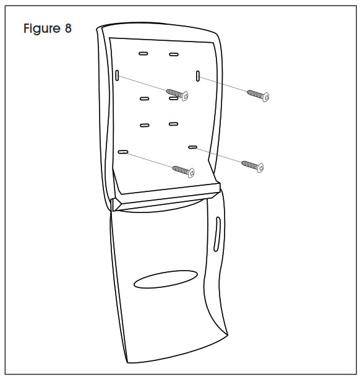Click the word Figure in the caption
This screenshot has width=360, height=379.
click(x=42, y=28)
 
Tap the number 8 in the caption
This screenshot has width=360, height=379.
click(x=68, y=28)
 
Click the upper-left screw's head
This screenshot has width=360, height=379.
click(x=185, y=96)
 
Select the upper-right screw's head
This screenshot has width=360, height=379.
click(x=265, y=97)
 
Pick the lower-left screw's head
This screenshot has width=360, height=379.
click(x=191, y=173)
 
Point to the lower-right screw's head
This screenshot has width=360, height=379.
click(x=260, y=168)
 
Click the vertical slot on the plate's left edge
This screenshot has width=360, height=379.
click(x=117, y=76)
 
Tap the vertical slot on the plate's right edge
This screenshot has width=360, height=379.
click(x=198, y=76)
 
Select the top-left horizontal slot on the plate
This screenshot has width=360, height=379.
click(x=144, y=53)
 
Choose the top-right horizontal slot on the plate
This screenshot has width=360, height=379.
click(x=174, y=54)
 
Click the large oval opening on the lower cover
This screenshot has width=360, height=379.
click(x=166, y=279)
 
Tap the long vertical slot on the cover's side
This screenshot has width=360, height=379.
click(x=217, y=234)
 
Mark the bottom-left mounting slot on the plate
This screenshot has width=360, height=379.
click(x=123, y=152)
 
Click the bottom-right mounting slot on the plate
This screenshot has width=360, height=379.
click(x=192, y=147)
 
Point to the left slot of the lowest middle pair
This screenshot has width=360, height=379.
click(x=145, y=125)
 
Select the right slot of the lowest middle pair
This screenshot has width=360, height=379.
click(x=174, y=124)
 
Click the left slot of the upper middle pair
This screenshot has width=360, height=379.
click(x=145, y=98)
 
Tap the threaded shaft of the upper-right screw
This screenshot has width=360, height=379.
click(x=255, y=94)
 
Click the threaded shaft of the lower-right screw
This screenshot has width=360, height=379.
click(x=250, y=164)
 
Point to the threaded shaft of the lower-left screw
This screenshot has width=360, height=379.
click(x=181, y=169)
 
